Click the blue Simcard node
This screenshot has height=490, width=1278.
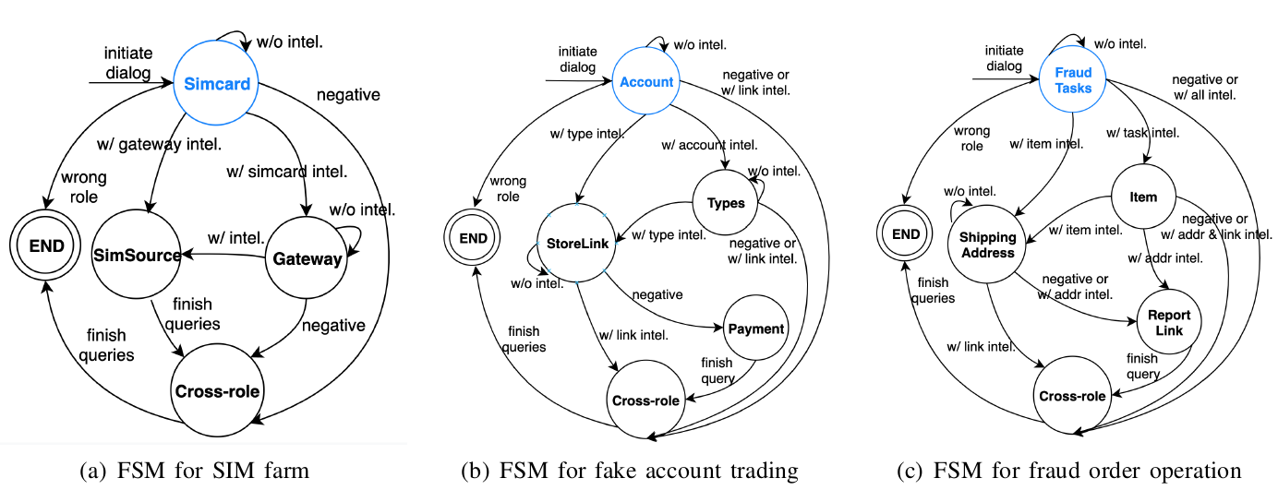click(x=217, y=84)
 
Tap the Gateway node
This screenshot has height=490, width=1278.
click(x=307, y=259)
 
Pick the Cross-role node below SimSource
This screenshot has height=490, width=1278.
click(x=217, y=391)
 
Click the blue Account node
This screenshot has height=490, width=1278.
click(x=646, y=82)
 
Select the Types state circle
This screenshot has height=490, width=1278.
click(x=725, y=202)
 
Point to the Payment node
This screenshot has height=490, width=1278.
click(x=754, y=329)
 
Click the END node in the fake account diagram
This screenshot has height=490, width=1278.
click(x=475, y=236)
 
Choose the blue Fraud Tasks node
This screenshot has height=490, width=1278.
click(x=1073, y=81)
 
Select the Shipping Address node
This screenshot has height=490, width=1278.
click(x=986, y=244)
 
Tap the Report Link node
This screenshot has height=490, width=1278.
click(x=1170, y=322)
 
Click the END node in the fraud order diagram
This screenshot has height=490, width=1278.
click(x=905, y=233)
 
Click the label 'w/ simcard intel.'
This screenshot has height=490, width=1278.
click(x=287, y=171)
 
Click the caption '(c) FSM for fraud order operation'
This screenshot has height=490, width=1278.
click(x=1070, y=472)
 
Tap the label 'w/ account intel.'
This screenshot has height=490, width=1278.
click(x=710, y=146)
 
